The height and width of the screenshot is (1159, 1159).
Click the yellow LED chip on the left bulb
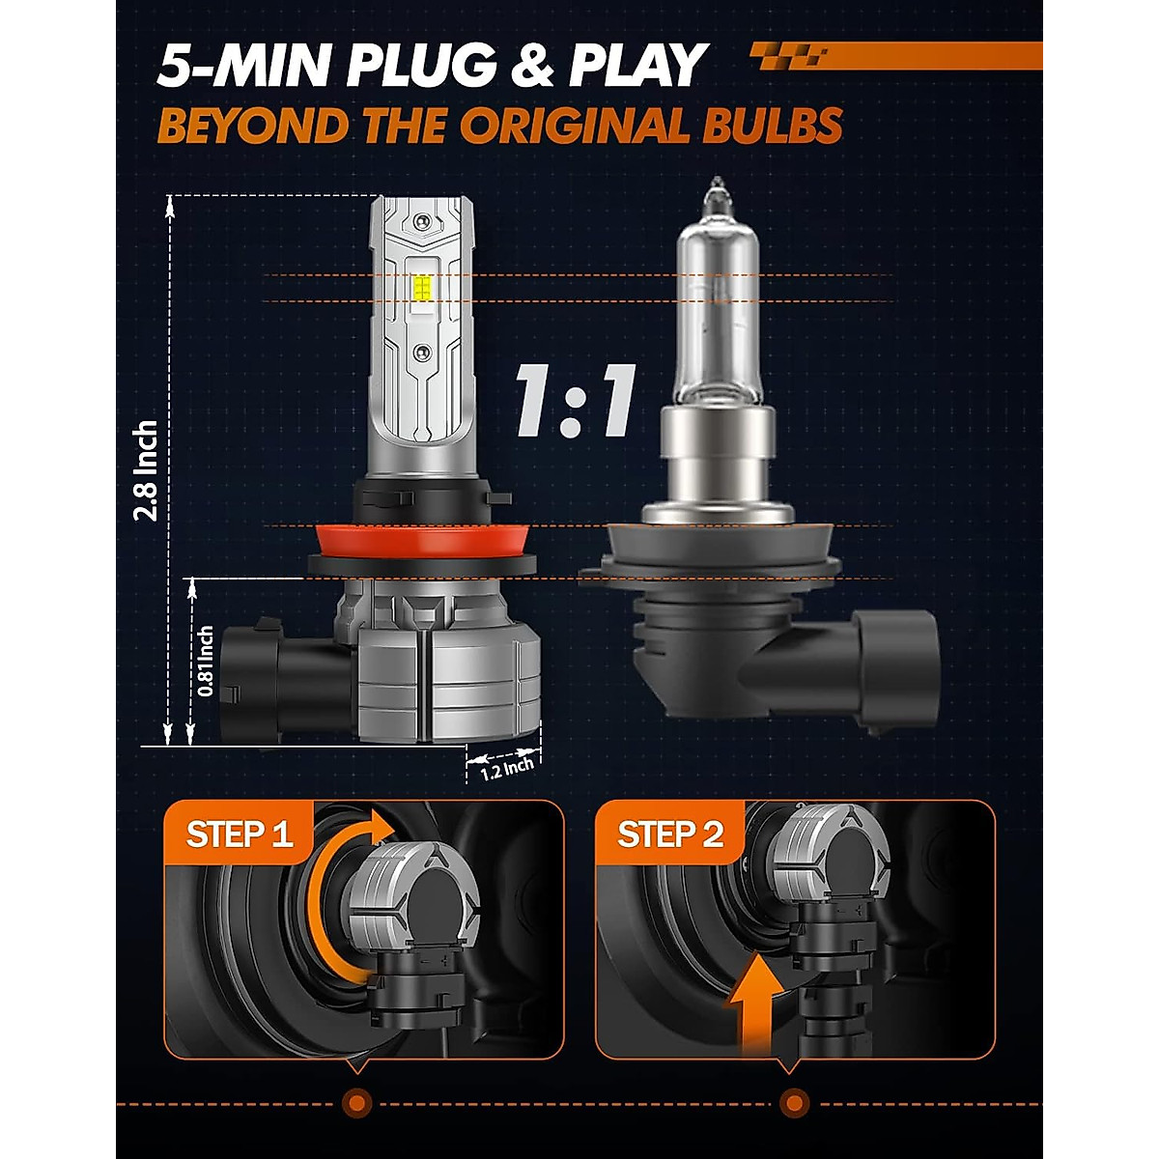(423, 287)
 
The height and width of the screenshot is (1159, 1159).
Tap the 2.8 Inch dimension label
(147, 470)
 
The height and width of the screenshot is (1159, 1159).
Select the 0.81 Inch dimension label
(205, 662)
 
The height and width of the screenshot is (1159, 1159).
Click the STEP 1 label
(239, 834)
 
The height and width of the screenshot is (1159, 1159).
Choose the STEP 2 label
(670, 834)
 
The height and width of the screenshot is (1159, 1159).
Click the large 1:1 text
(574, 399)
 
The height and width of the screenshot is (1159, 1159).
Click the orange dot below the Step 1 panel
(356, 1101)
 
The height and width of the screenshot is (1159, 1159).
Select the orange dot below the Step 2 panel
(793, 1101)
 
